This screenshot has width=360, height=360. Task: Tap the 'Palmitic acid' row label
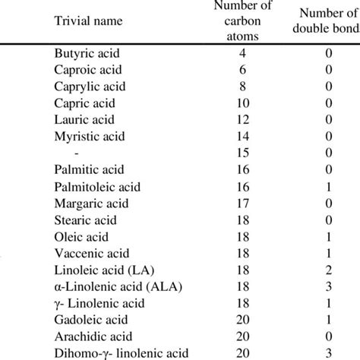tap(88, 169)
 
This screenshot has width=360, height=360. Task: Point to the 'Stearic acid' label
tap(86, 219)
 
